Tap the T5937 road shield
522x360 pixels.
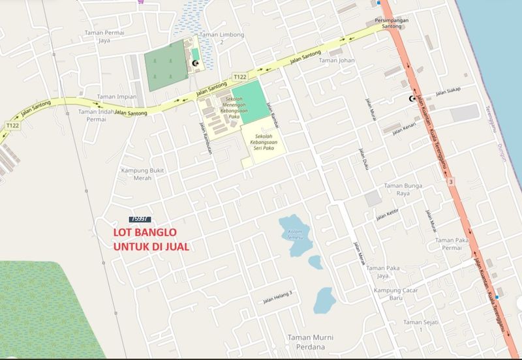pos(140,219)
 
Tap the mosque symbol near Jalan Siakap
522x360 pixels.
pos(412,98)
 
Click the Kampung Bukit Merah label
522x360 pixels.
pos(141,176)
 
